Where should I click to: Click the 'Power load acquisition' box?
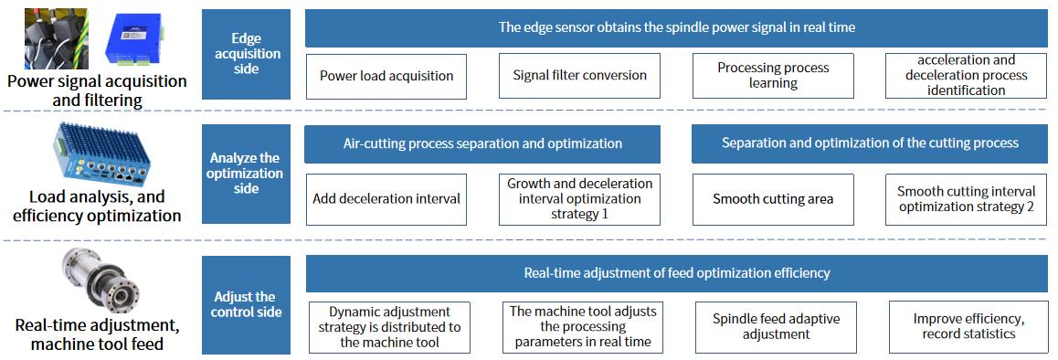point(386,76)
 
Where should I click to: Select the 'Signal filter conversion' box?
point(579,76)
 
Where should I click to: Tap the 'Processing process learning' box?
point(773,76)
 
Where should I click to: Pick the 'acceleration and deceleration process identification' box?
point(967,76)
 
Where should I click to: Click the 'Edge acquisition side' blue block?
point(247,54)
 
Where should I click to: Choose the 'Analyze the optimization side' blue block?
point(247,174)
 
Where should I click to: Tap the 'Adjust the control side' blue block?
point(247,304)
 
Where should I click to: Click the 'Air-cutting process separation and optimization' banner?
point(482,143)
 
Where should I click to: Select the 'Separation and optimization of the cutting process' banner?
point(870,143)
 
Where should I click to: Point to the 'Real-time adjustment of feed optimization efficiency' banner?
point(677,273)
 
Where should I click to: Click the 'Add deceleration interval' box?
point(386,199)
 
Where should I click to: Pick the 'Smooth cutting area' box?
point(773,199)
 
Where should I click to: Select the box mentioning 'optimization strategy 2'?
point(967,199)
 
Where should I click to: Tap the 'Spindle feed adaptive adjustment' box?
point(776,327)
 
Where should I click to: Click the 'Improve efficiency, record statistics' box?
point(968,327)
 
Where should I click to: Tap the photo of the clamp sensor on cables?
point(56,39)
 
